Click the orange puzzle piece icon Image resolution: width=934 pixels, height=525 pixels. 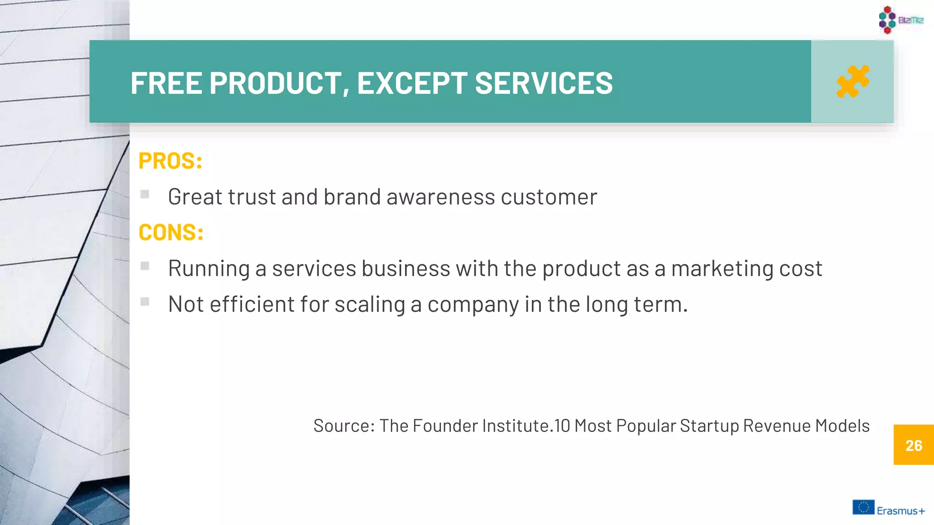pyautogui.click(x=852, y=82)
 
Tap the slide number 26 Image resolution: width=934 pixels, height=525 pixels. pyautogui.click(x=913, y=445)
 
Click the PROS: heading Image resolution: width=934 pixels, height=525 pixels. pyautogui.click(x=170, y=161)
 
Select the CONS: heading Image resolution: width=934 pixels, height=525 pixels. pyautogui.click(x=171, y=232)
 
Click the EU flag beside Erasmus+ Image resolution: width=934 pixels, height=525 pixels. pyautogui.click(x=863, y=507)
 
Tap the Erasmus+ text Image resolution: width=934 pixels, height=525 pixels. pyautogui.click(x=901, y=511)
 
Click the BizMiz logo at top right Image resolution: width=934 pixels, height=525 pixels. pyautogui.click(x=901, y=20)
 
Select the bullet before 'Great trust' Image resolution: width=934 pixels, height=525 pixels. pyautogui.click(x=145, y=194)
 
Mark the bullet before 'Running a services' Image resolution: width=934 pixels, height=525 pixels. pyautogui.click(x=145, y=266)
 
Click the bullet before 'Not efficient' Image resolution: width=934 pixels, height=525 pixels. pyautogui.click(x=145, y=302)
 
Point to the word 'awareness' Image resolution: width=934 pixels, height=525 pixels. pyautogui.click(x=441, y=197)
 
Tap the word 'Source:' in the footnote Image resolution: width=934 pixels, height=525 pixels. pyautogui.click(x=344, y=426)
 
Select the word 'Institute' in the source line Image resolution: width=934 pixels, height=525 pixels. pyautogui.click(x=515, y=426)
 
